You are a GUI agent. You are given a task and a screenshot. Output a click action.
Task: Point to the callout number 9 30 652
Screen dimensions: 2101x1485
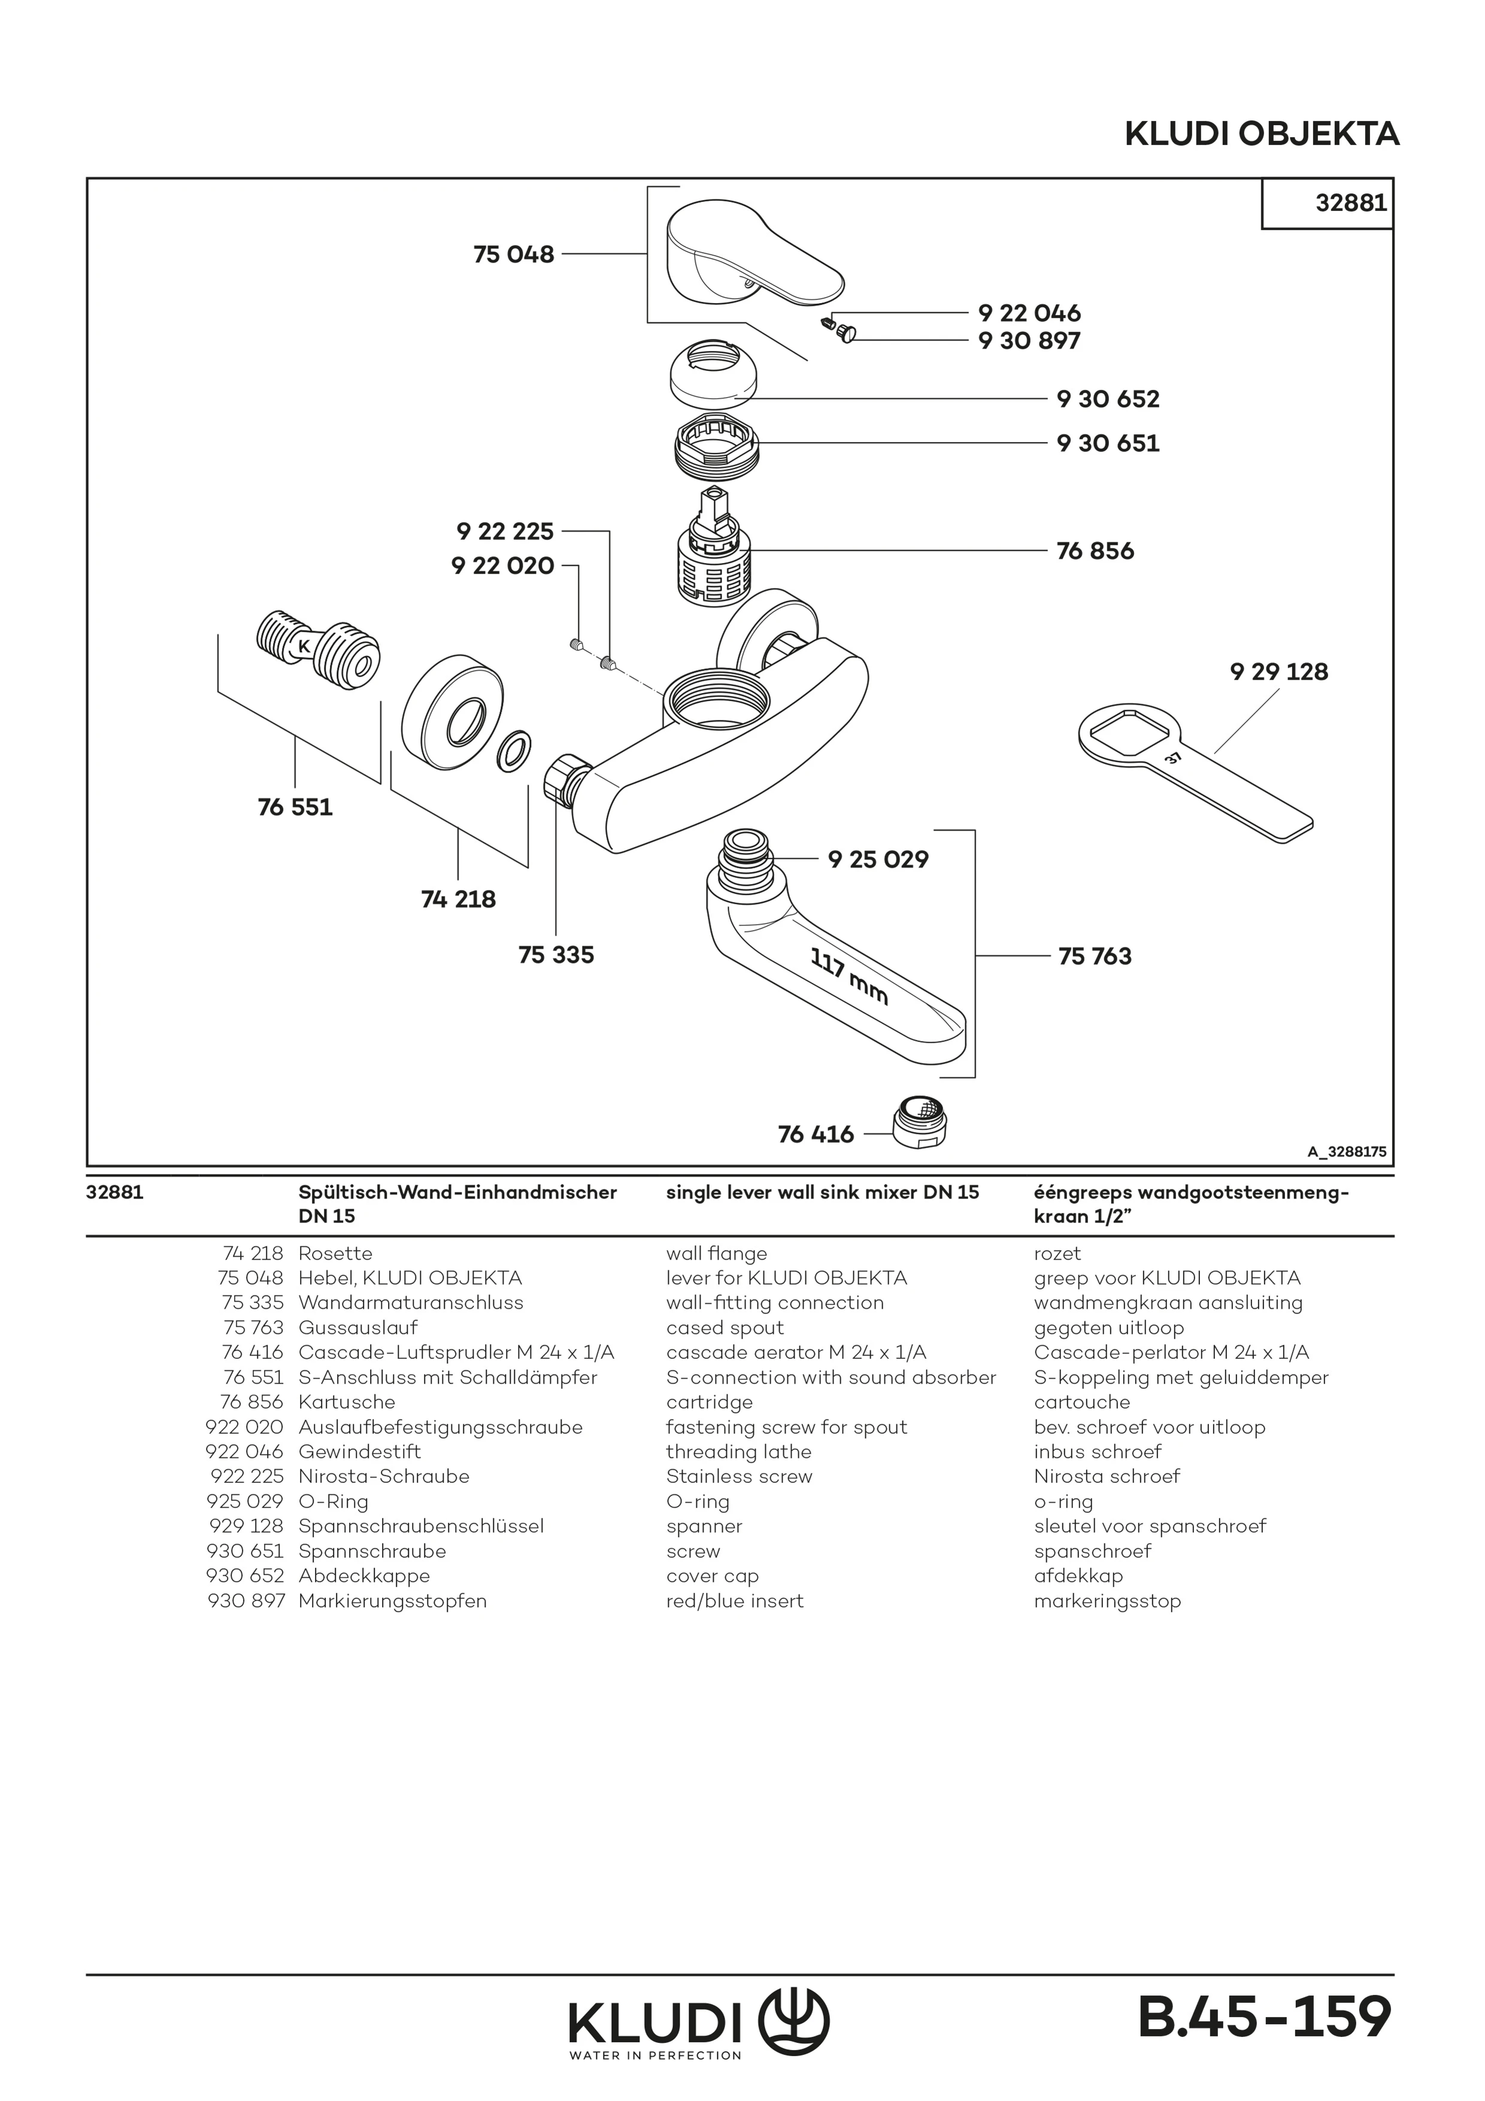1107,399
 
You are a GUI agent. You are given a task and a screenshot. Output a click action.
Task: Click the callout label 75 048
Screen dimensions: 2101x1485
513,255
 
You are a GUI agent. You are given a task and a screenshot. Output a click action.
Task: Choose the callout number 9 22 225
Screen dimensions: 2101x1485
505,531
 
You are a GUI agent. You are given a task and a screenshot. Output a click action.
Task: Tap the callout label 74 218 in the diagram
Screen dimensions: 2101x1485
459,898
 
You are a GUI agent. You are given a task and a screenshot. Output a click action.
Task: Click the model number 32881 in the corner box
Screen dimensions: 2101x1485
1350,202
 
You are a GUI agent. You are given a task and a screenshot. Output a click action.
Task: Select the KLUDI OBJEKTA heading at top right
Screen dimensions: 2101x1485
1261,135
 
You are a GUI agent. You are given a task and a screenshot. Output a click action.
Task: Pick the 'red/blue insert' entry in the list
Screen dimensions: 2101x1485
735,1600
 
